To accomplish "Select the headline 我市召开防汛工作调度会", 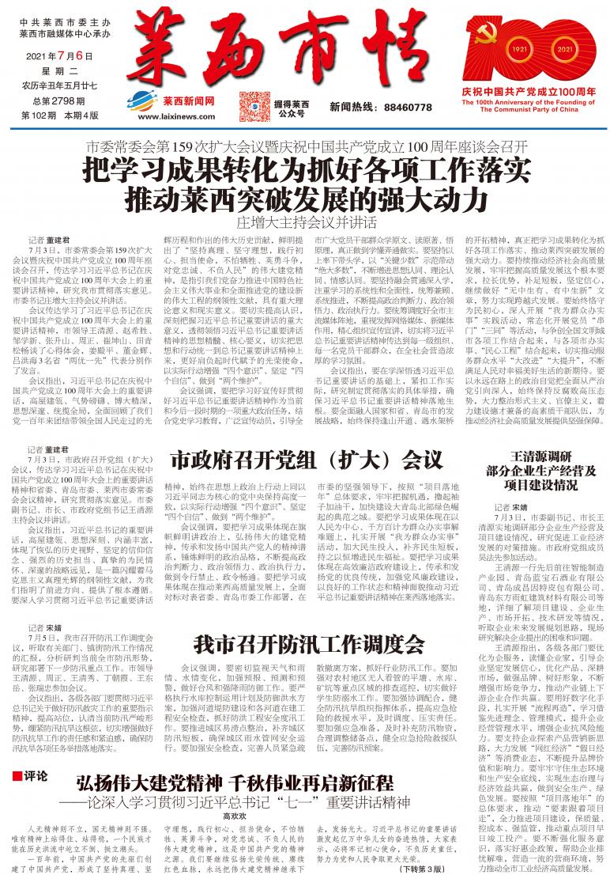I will tap(309, 642).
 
